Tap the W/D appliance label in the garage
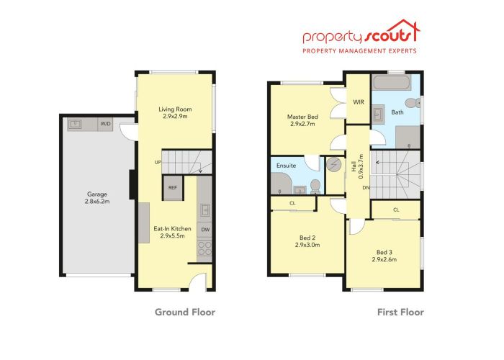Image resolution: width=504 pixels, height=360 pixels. (106, 124)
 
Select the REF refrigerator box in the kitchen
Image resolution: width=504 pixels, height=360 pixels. (173, 187)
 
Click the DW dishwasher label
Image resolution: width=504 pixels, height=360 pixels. (205, 230)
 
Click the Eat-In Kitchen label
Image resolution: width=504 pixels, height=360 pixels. (170, 233)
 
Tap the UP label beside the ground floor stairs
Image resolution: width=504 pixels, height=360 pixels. (156, 162)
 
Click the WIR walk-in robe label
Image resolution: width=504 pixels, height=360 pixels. (358, 102)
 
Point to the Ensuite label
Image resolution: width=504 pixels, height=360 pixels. (286, 166)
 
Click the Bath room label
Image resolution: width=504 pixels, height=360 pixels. (397, 112)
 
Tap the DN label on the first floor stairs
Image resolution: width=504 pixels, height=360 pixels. (366, 188)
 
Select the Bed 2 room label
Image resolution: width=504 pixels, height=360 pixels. (307, 240)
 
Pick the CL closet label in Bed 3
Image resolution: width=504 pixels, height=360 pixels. (396, 210)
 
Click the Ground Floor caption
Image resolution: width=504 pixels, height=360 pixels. (186, 312)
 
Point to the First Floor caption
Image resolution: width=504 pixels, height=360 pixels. (401, 312)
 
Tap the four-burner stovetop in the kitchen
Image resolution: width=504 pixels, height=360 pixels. (204, 248)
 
